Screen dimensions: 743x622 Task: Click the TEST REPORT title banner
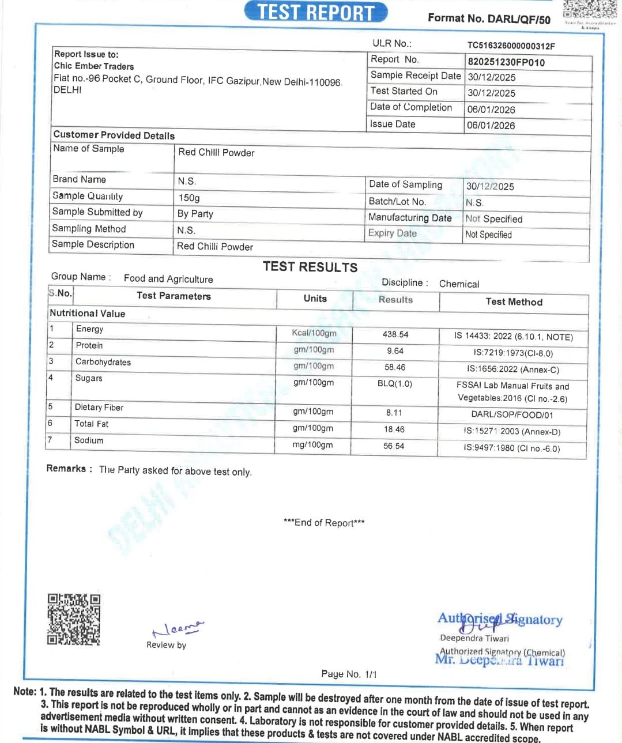click(315, 12)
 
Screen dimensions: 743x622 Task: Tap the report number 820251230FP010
click(506, 62)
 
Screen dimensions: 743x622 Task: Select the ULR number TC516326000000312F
click(511, 46)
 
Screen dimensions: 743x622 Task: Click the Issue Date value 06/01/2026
click(491, 125)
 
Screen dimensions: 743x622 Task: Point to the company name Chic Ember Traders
click(94, 66)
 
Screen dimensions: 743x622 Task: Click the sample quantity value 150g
click(189, 198)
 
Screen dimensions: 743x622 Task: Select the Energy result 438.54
click(395, 334)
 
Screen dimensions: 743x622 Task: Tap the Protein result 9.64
click(395, 350)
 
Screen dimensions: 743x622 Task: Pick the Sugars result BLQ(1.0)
click(395, 383)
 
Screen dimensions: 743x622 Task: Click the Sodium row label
click(89, 440)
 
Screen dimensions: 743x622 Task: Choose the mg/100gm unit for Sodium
click(312, 445)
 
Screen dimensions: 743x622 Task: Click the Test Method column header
click(514, 301)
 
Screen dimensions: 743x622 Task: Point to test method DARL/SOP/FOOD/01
click(512, 414)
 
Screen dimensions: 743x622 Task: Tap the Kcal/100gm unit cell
click(314, 333)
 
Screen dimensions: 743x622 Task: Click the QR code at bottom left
click(74, 619)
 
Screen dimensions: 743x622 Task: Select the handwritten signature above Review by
click(176, 628)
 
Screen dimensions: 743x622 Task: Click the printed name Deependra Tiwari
click(474, 638)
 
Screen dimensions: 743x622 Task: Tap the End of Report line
click(324, 523)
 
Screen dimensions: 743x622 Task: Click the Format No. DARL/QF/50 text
click(489, 18)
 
